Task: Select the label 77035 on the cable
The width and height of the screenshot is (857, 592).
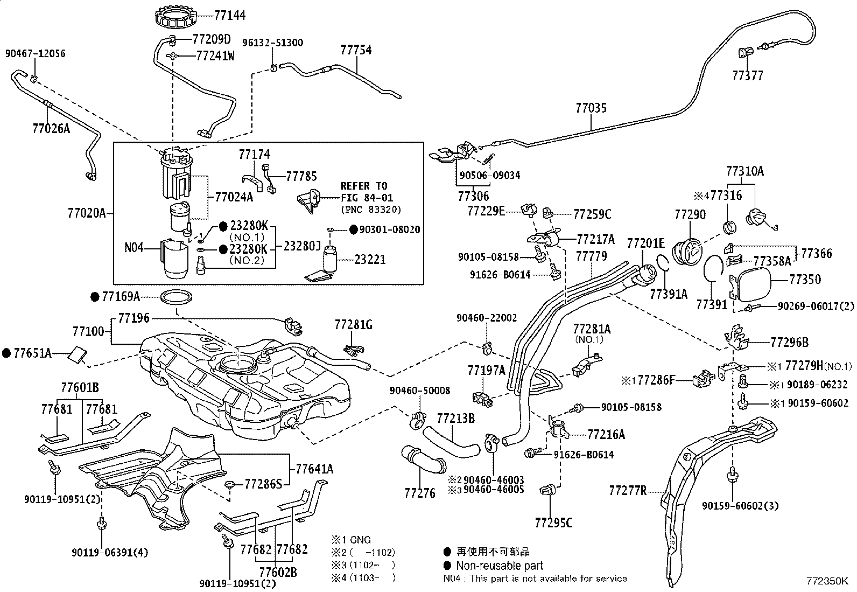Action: tap(591, 108)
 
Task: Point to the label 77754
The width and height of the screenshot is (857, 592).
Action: tap(356, 50)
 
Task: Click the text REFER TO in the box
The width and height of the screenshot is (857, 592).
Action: tap(364, 186)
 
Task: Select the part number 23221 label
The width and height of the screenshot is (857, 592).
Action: tap(370, 260)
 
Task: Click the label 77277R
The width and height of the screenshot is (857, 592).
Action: tap(627, 491)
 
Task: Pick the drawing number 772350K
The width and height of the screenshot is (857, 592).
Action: tap(827, 582)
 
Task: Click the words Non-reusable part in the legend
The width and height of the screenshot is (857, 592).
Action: tap(499, 566)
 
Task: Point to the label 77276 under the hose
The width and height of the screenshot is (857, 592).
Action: tap(420, 493)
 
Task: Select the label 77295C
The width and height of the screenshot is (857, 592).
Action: tap(553, 523)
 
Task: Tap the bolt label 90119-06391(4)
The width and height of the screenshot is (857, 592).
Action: tap(109, 552)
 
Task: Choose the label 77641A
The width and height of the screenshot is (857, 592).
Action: tap(315, 469)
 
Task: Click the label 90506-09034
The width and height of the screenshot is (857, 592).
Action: tap(490, 176)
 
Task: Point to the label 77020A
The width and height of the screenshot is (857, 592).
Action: tap(87, 213)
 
